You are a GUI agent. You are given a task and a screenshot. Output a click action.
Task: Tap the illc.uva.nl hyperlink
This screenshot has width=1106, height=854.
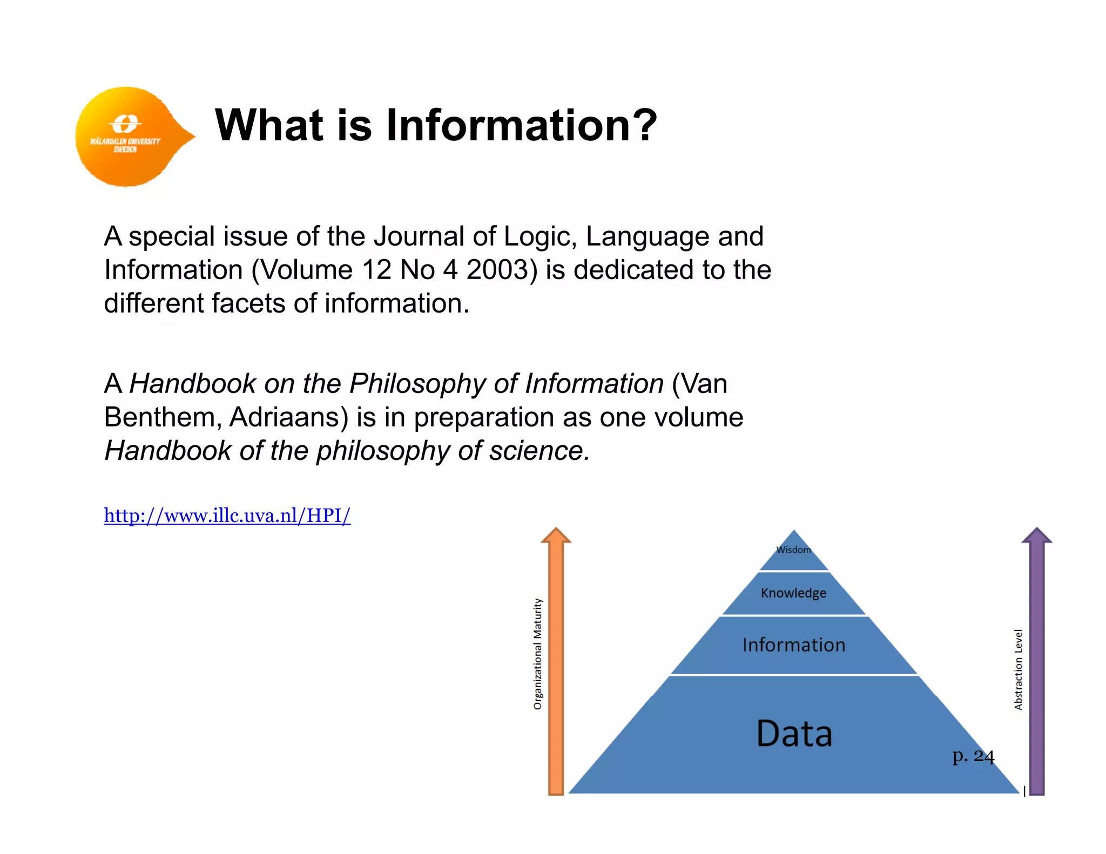(x=227, y=516)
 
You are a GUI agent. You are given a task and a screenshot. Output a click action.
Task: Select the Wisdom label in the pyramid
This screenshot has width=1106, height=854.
(x=793, y=550)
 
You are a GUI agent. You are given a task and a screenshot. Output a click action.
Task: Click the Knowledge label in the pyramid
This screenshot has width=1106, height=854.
(x=793, y=593)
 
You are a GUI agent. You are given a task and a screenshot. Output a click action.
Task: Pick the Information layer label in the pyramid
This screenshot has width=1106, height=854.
(x=793, y=645)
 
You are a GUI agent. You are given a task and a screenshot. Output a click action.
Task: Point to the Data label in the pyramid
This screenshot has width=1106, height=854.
(x=794, y=734)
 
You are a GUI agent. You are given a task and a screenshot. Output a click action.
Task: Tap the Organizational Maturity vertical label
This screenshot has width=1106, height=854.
(x=537, y=654)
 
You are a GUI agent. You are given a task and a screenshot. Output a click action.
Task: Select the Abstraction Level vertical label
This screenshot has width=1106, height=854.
(x=1018, y=669)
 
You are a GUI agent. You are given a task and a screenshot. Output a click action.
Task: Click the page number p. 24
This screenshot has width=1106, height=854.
(x=973, y=756)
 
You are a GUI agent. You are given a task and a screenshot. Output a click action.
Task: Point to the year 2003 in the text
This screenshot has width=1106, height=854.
(x=501, y=270)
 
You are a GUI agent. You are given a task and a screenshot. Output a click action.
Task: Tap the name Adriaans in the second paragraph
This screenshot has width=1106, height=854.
(x=288, y=417)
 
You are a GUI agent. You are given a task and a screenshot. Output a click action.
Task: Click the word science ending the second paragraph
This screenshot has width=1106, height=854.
(x=538, y=451)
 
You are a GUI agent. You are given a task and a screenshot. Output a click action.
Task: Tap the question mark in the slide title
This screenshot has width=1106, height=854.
(x=644, y=125)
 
